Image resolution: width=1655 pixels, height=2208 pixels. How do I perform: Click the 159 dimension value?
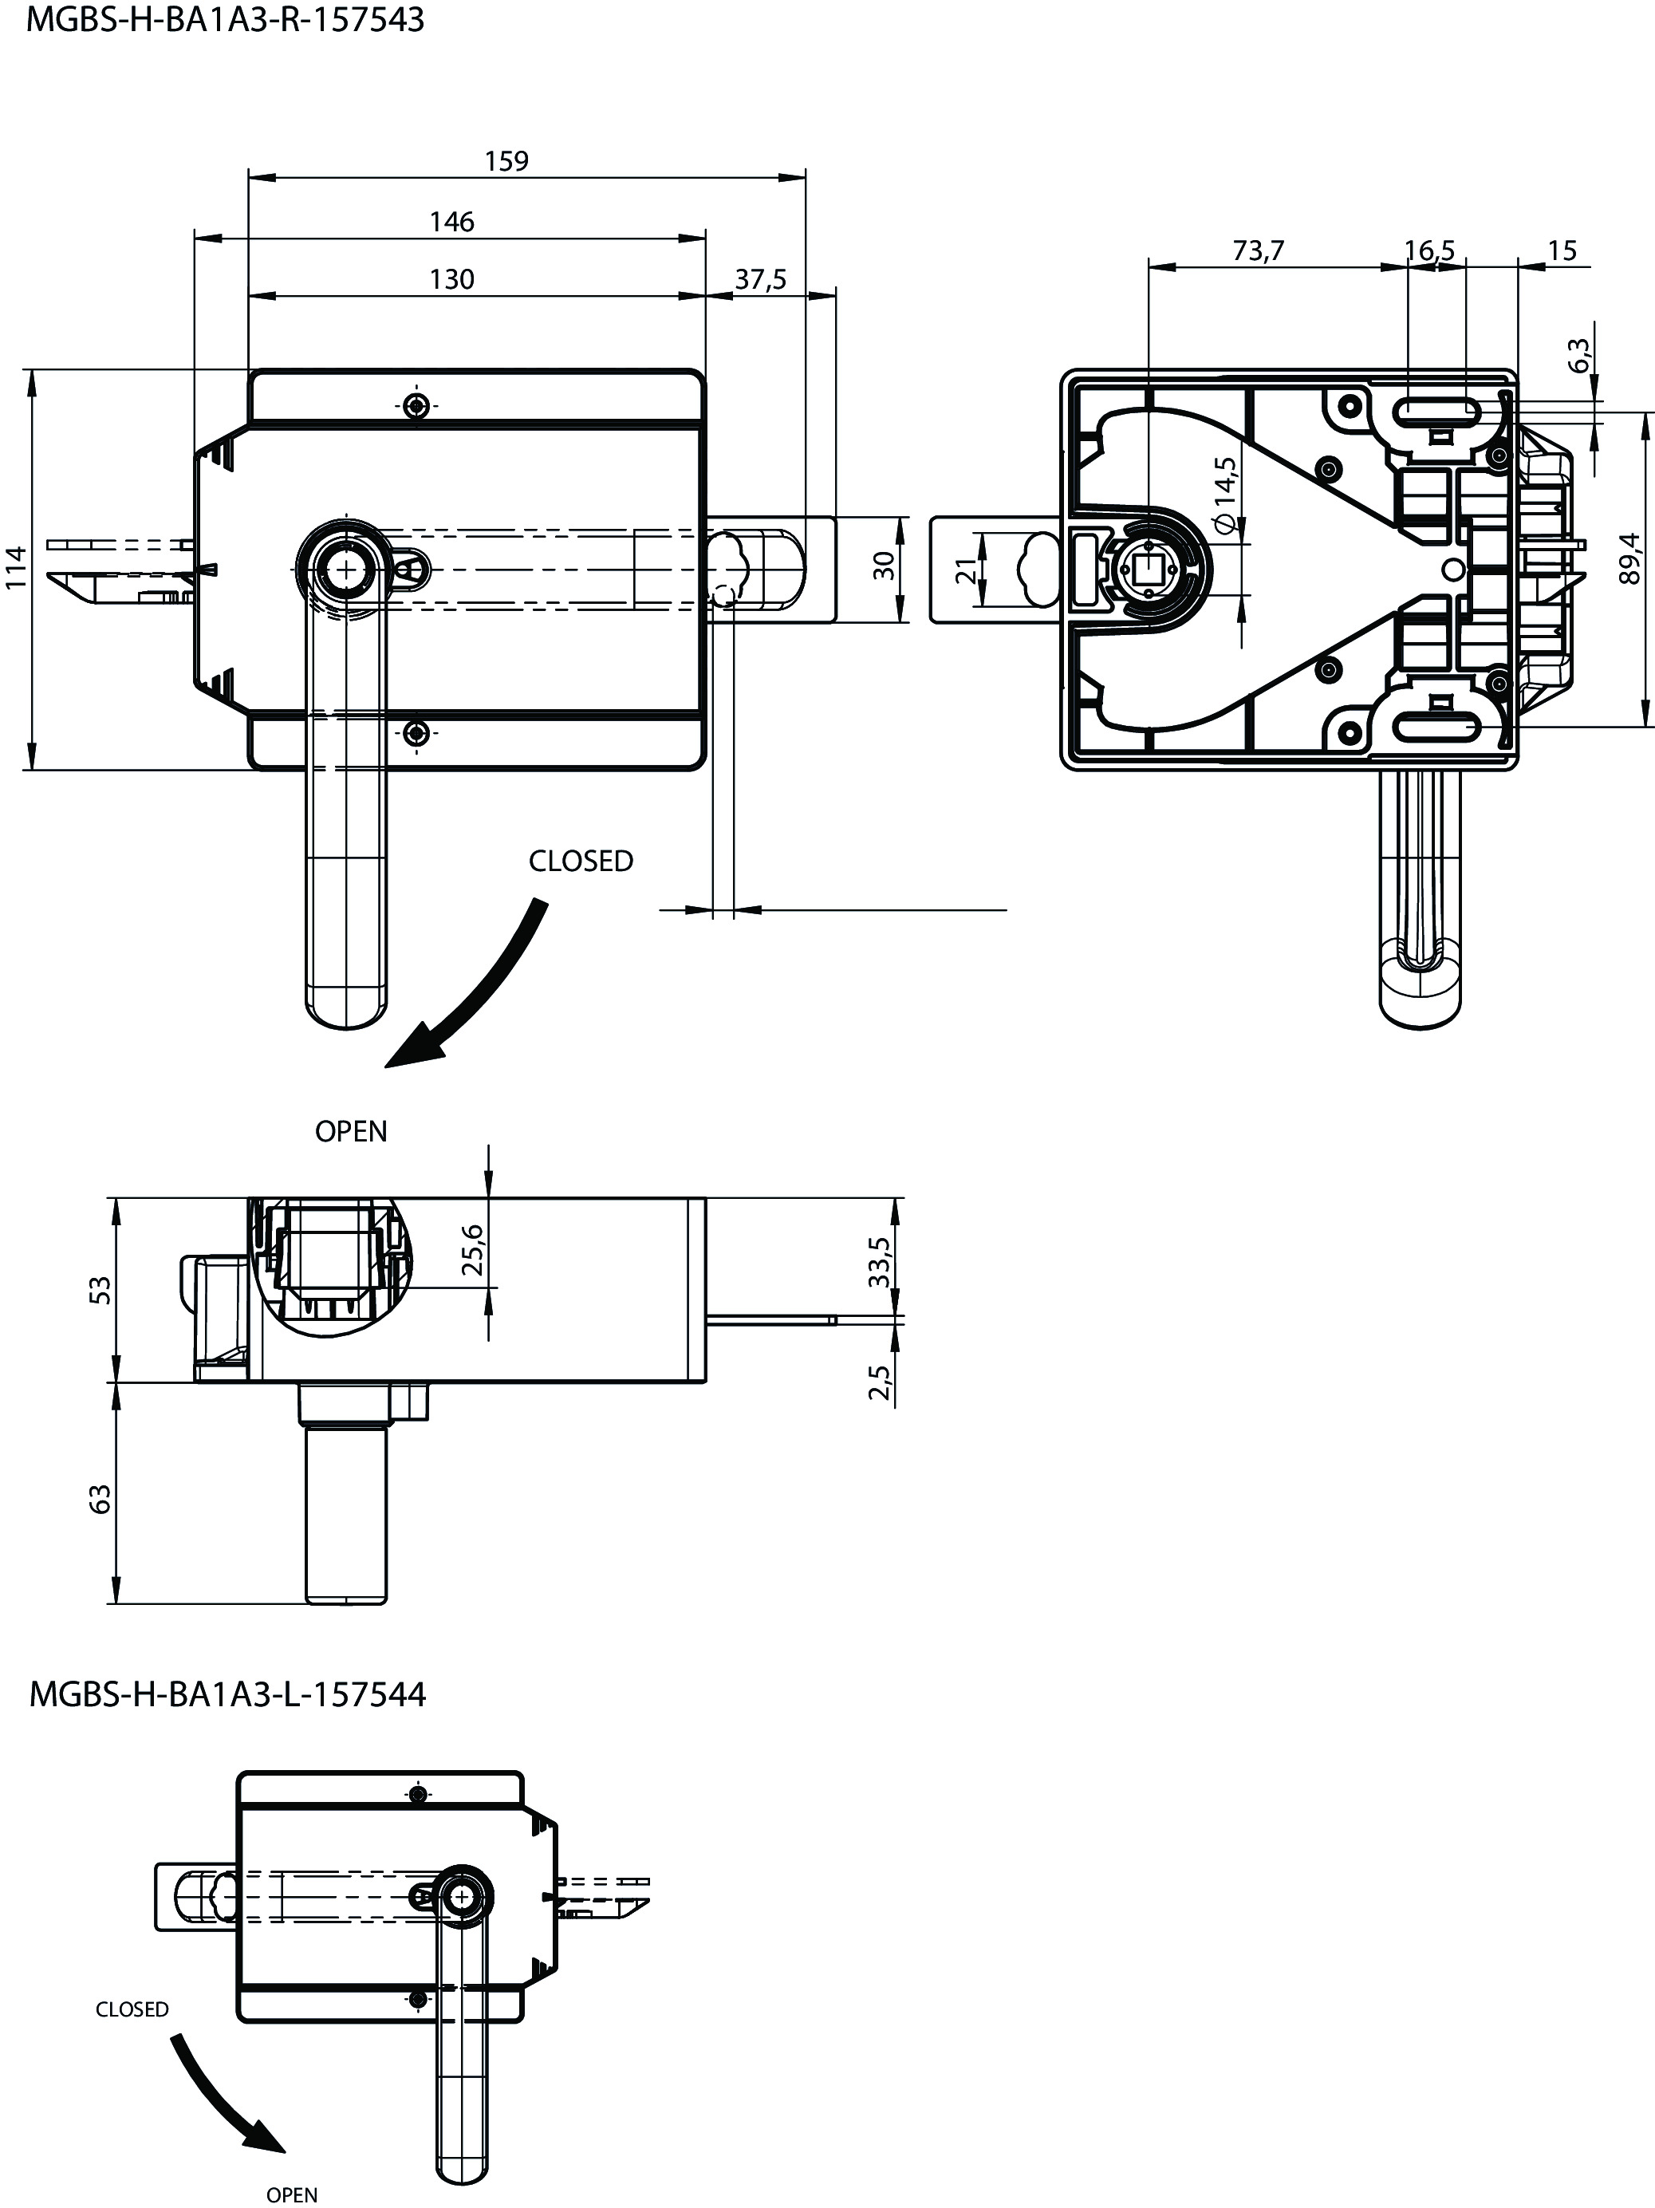pos(506,160)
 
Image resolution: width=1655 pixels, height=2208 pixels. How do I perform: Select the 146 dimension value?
pos(451,222)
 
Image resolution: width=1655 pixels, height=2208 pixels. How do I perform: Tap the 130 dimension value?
pos(451,279)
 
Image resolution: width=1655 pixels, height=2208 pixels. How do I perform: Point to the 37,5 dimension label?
pos(761,279)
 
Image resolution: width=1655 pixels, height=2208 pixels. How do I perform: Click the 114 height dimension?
pos(16,567)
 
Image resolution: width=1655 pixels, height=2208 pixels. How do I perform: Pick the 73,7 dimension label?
pos(1258,250)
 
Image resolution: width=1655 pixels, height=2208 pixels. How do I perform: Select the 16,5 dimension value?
pos(1430,250)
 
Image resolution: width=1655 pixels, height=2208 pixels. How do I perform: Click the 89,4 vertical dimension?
pos(1630,558)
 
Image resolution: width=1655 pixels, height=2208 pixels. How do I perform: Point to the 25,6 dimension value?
pos(474,1250)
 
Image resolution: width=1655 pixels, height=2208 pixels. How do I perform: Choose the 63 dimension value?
pos(100,1500)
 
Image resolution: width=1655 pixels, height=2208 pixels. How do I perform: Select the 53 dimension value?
pos(100,1290)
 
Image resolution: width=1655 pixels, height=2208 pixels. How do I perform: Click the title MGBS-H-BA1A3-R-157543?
pos(226,20)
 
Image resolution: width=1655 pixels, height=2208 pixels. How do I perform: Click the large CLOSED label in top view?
pos(581,862)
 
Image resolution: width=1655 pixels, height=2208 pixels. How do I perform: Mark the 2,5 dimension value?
pos(880,1382)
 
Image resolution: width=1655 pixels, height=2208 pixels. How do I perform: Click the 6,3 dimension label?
pos(1579,355)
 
